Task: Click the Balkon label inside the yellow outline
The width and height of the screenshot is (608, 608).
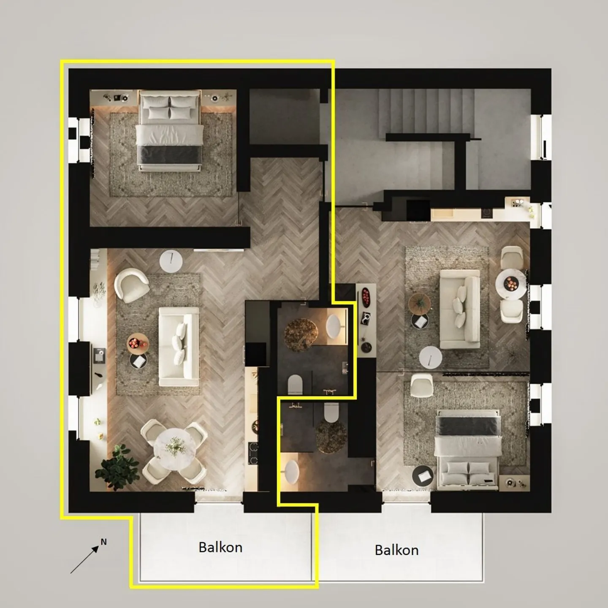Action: pos(220,547)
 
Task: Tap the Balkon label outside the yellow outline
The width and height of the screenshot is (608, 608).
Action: pos(396,550)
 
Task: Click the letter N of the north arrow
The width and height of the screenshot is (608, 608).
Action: pos(103,542)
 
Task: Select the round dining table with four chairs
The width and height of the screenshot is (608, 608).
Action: pos(174,446)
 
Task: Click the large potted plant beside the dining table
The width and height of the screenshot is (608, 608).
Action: pos(117,467)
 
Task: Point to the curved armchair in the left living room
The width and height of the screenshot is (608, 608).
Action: pos(131,285)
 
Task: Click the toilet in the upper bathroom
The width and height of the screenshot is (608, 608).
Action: pos(295,385)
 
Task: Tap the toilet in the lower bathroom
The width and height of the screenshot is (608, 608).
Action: pos(331,412)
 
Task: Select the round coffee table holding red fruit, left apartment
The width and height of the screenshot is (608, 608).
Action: pos(138,343)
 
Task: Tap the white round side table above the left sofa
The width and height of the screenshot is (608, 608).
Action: pos(171,261)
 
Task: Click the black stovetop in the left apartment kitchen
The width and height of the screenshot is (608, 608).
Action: pos(253,454)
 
